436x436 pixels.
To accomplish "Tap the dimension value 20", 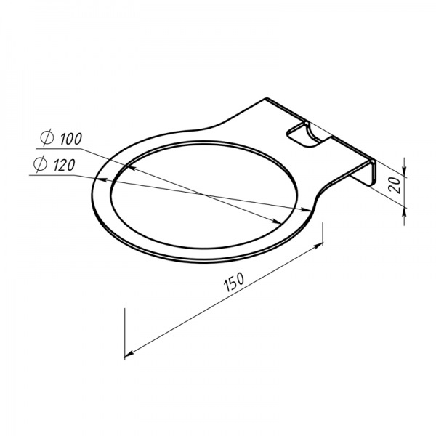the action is (395, 185).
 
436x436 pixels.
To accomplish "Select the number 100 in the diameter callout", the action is (71, 139).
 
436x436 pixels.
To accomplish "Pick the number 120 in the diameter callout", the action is (64, 166).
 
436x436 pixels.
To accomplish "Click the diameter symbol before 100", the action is (47, 138).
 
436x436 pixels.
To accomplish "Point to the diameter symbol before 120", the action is (40, 164).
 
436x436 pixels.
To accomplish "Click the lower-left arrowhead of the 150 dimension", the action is (129, 354).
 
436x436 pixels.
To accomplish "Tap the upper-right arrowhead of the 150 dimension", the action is (318, 245).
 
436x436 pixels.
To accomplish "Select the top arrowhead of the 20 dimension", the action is (405, 169).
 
